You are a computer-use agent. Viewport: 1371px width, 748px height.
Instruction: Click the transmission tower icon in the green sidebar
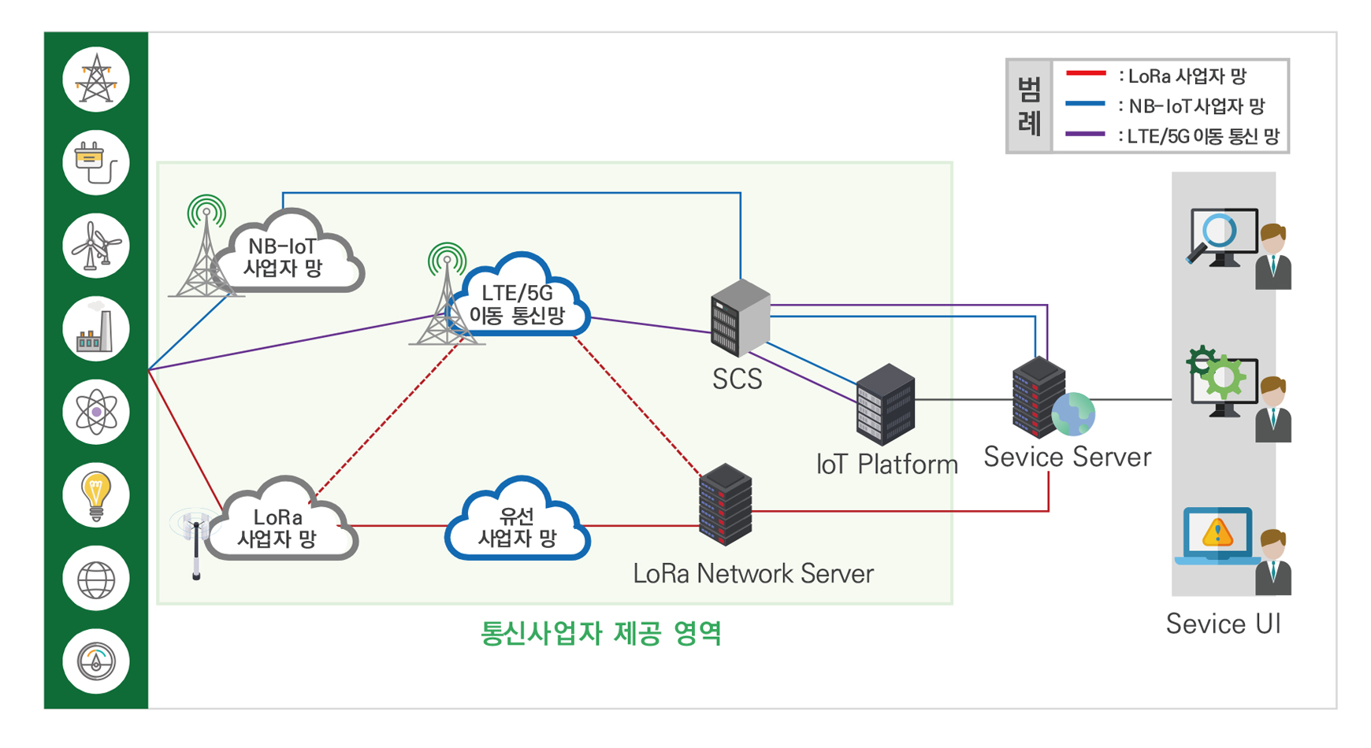(96, 80)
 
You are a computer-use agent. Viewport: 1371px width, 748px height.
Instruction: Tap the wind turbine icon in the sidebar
(96, 246)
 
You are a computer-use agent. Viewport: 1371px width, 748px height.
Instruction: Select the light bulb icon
(96, 494)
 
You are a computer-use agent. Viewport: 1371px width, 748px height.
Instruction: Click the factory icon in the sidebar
(96, 329)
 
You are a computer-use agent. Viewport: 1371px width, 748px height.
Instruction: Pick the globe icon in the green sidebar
(96, 580)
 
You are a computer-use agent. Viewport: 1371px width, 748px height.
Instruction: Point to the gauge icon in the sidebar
(96, 661)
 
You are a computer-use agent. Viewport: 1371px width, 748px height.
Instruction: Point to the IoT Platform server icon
(885, 405)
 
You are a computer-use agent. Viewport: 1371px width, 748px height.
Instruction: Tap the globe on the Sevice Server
(1072, 414)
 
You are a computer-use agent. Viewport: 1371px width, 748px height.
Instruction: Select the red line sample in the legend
(1085, 74)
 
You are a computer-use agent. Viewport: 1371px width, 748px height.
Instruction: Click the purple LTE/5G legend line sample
(1085, 135)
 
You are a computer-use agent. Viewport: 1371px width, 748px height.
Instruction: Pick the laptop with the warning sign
(1217, 535)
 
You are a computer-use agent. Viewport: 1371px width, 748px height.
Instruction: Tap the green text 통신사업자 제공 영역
(600, 633)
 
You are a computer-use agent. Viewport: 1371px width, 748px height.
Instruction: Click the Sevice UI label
(1223, 624)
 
